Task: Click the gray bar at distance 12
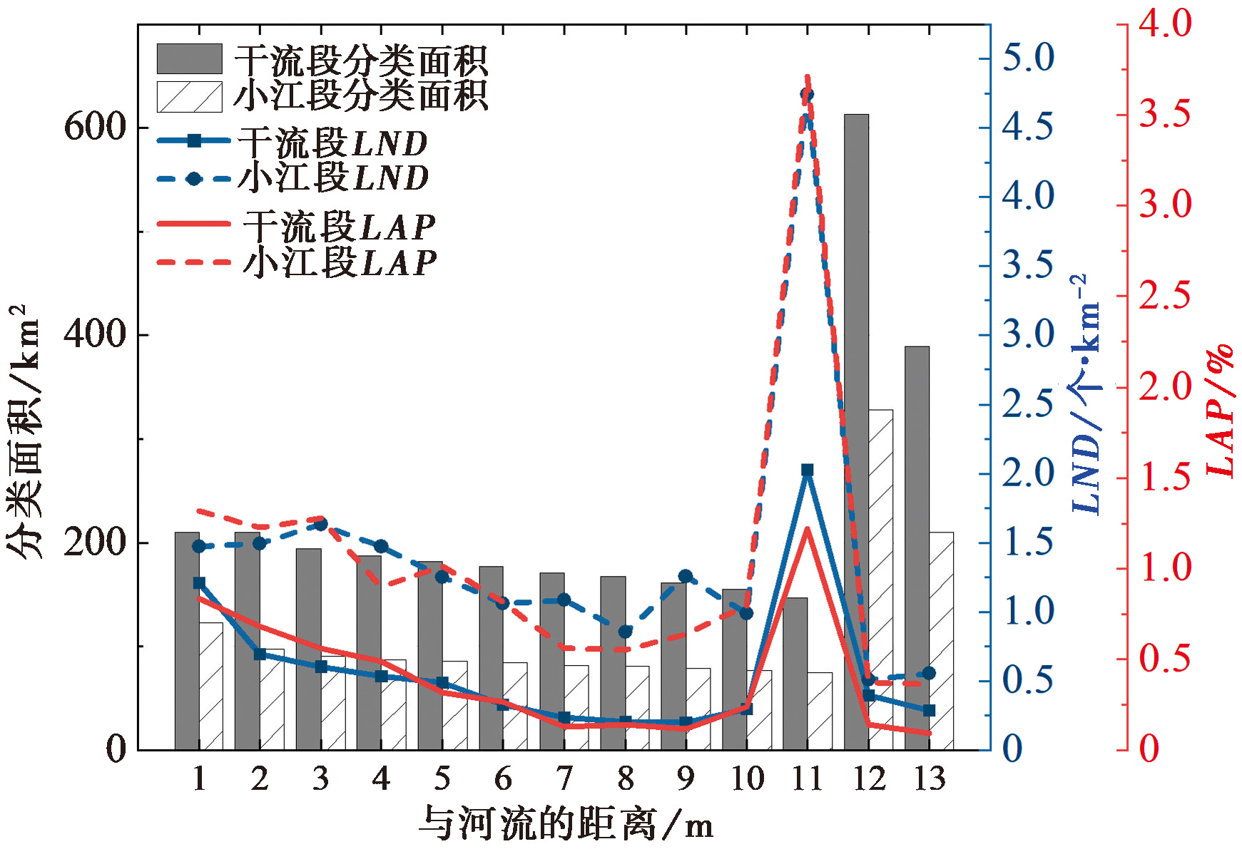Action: (856, 428)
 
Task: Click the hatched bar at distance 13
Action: (942, 642)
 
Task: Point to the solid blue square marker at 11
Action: (808, 470)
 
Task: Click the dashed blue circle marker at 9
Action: (686, 576)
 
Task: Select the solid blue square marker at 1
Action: (199, 583)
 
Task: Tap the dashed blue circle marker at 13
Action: (929, 673)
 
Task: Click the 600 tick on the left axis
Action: (94, 128)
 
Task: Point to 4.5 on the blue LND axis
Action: (1028, 127)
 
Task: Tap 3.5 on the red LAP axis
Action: (1165, 114)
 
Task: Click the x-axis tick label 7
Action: (564, 778)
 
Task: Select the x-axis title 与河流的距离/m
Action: (565, 824)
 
